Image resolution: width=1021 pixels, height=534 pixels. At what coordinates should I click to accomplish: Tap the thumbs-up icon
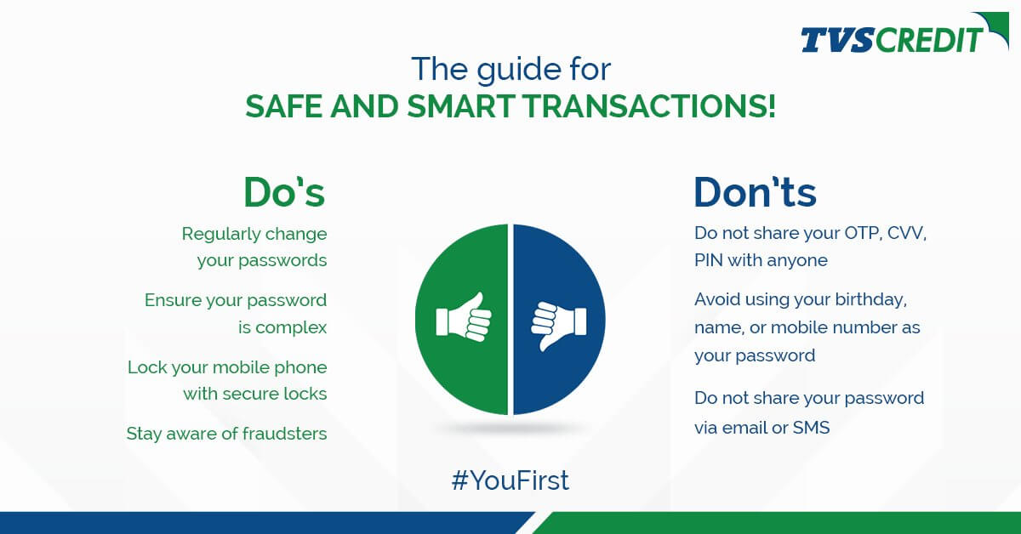pos(464,320)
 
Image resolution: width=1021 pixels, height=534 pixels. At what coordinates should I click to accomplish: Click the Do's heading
pos(284,192)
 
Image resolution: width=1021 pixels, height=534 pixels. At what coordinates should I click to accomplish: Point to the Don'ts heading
pos(755,192)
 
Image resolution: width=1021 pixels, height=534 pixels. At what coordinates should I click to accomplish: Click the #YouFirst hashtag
pos(510,481)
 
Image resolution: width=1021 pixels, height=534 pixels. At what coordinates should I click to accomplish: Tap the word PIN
pos(710,260)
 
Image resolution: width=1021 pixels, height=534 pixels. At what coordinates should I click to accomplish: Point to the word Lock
pos(146,368)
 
